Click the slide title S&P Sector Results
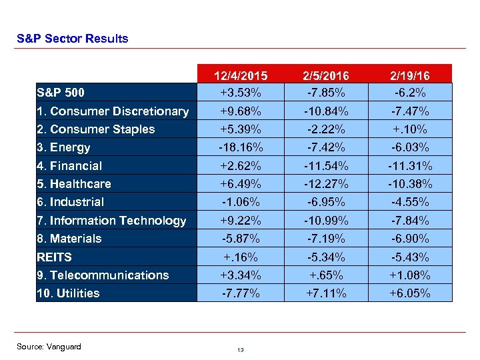tap(72, 39)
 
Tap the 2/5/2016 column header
tap(327, 75)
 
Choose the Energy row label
tap(63, 147)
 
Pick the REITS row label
tap(55, 257)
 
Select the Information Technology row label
tap(111, 221)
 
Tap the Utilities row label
tap(68, 293)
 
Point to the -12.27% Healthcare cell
tap(327, 184)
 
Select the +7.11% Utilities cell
tap(327, 293)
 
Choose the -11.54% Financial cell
tap(327, 166)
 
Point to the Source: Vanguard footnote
tap(49, 347)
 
